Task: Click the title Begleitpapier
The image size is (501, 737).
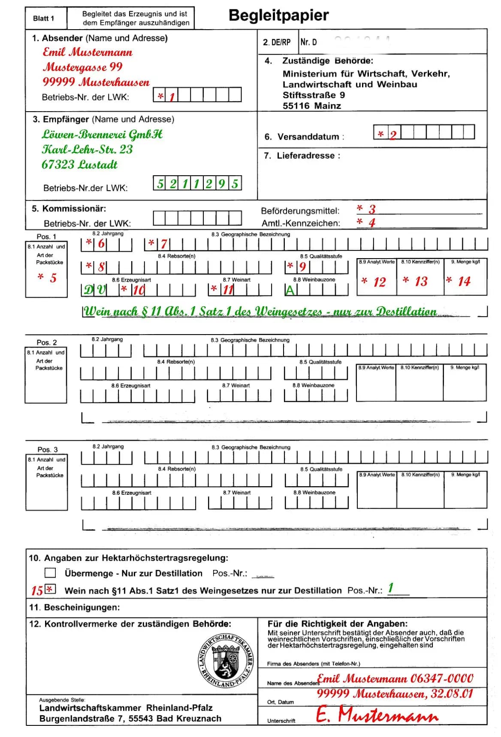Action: tap(278, 15)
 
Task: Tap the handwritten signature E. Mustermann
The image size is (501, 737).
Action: tap(377, 715)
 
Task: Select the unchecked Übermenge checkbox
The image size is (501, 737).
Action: tap(50, 573)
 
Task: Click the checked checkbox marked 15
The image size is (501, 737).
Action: tap(50, 589)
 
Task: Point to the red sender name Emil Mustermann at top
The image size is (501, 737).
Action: tap(88, 52)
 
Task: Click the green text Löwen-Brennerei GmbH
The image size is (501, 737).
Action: tap(102, 134)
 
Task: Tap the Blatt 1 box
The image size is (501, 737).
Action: tap(44, 18)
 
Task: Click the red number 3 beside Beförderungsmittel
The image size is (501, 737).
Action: tap(372, 209)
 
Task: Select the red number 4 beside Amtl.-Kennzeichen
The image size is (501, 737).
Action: tap(372, 222)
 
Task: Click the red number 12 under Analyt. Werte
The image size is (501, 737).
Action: tap(379, 282)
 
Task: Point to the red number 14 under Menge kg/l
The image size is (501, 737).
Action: tap(464, 281)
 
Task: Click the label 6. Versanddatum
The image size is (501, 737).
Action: tap(304, 137)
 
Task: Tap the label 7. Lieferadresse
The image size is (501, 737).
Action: tap(302, 156)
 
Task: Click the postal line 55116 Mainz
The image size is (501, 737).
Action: tap(311, 106)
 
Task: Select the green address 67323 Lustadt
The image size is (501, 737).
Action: tap(79, 164)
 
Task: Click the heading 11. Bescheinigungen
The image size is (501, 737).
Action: tap(74, 607)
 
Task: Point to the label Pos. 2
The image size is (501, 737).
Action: tap(47, 342)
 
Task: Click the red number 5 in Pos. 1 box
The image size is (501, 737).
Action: tap(53, 278)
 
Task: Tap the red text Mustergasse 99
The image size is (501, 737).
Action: tap(83, 67)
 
